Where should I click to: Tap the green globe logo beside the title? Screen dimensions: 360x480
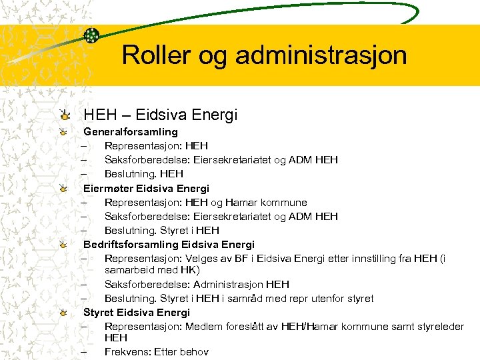(x=91, y=35)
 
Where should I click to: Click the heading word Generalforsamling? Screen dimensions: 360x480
(x=131, y=131)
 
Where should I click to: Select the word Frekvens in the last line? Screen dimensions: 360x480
(x=127, y=351)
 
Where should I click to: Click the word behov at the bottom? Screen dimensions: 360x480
(x=193, y=351)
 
